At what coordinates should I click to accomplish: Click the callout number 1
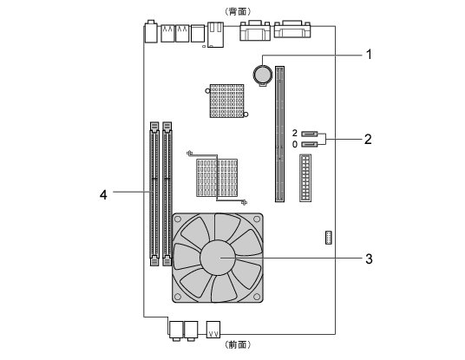coord(369,55)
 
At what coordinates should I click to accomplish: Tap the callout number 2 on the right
coord(368,139)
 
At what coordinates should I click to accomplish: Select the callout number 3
coord(369,259)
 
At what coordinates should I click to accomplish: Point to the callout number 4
coord(103,195)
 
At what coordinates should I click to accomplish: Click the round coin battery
coord(263,75)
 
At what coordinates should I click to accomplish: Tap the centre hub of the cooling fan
coord(218,258)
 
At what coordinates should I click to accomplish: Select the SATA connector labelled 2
coord(310,134)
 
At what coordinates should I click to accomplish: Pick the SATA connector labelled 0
coord(310,144)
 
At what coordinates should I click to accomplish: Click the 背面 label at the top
coord(239,11)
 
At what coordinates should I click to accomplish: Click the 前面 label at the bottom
coord(239,344)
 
